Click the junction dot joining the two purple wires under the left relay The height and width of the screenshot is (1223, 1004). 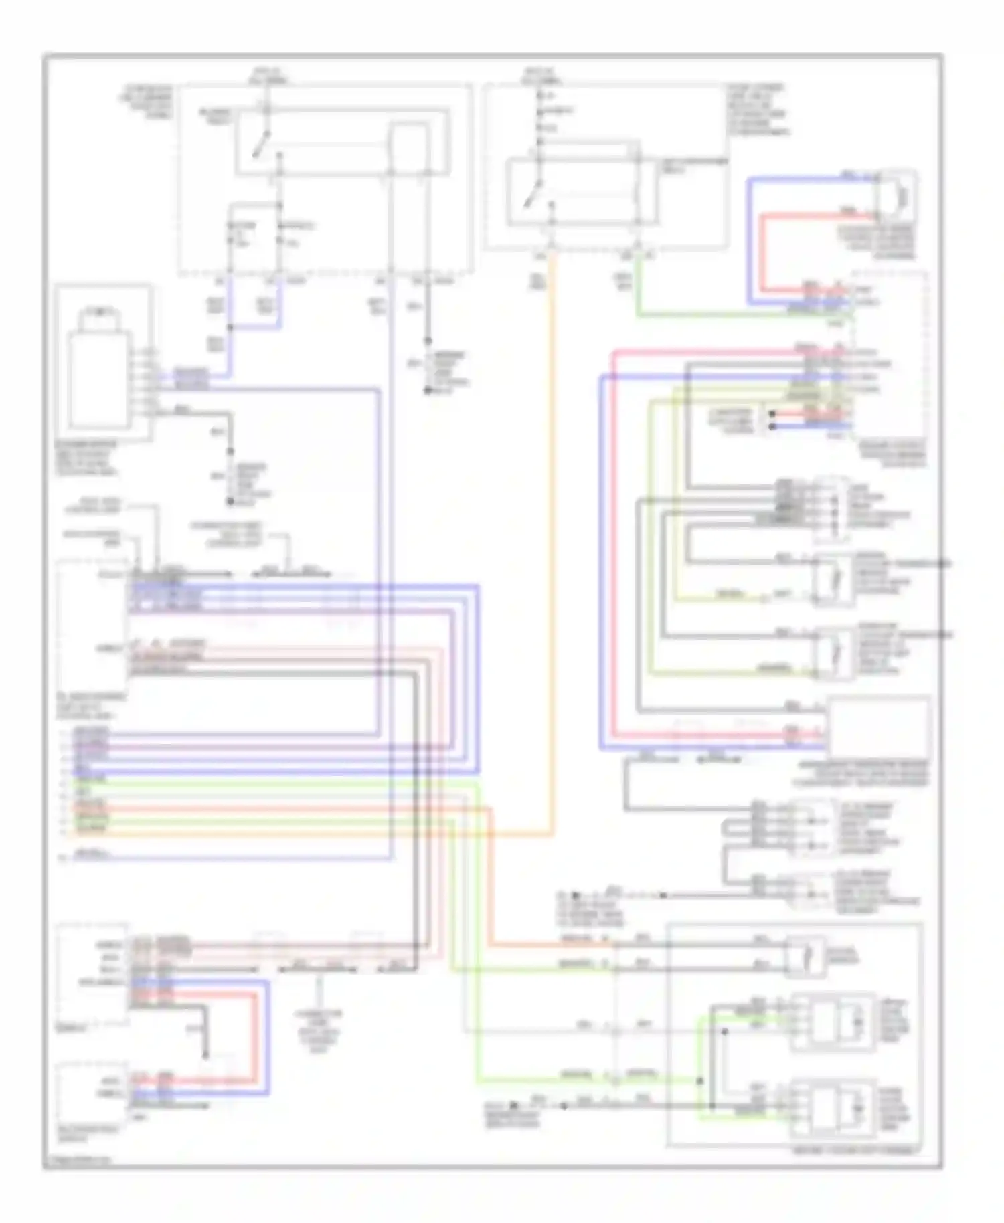pyautogui.click(x=230, y=327)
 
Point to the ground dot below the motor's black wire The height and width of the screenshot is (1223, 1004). pyautogui.click(x=230, y=501)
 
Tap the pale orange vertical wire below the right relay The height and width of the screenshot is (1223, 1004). pyautogui.click(x=553, y=535)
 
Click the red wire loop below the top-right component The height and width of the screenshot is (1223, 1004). pyautogui.click(x=763, y=254)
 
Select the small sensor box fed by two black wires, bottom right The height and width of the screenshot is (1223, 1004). pyautogui.click(x=805, y=955)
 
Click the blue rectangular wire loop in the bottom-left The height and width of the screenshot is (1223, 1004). pyautogui.click(x=268, y=1037)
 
